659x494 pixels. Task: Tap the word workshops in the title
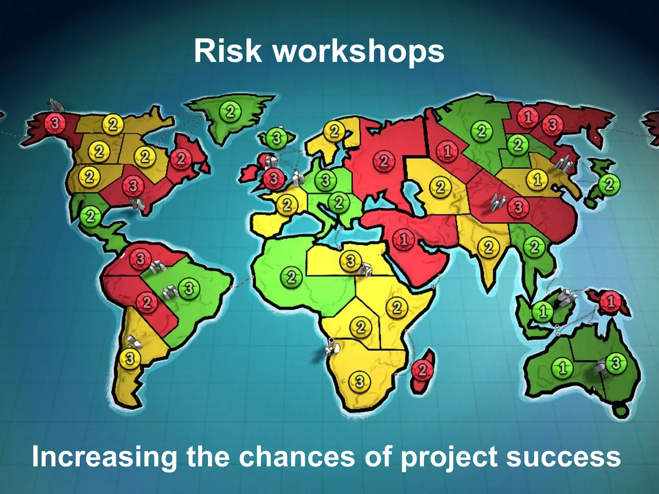click(359, 51)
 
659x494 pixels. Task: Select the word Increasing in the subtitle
click(105, 457)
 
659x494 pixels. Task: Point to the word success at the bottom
click(563, 457)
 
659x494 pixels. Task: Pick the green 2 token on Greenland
click(230, 112)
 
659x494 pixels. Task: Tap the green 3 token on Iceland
click(276, 138)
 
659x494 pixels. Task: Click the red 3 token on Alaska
click(55, 123)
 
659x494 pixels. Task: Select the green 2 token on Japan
click(609, 184)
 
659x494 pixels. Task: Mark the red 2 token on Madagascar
click(422, 370)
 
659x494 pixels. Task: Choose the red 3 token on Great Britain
click(274, 178)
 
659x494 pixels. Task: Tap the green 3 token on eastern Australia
click(616, 363)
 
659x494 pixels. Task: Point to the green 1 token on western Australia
click(562, 368)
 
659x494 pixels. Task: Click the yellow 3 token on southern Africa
click(360, 382)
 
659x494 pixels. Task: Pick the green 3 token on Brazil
click(189, 288)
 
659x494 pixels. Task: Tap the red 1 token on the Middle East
click(404, 239)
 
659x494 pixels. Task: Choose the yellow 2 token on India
click(488, 247)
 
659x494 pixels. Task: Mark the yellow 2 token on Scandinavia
click(335, 131)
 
